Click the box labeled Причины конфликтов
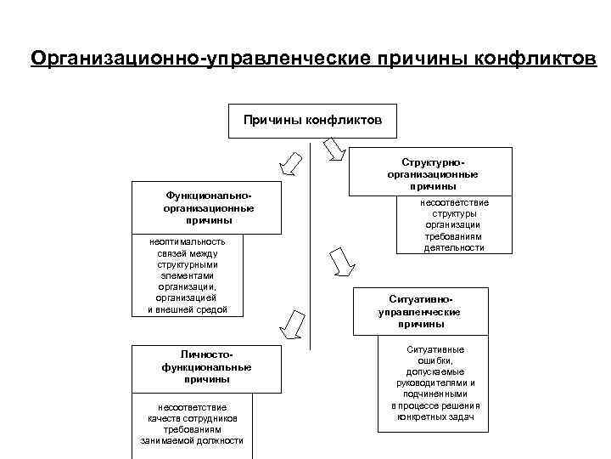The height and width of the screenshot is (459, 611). pyautogui.click(x=312, y=120)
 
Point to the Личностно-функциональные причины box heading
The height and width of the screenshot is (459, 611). pyautogui.click(x=206, y=366)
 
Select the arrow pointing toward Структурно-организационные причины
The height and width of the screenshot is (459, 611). pyautogui.click(x=333, y=149)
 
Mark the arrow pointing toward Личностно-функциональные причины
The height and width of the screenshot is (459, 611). pyautogui.click(x=294, y=322)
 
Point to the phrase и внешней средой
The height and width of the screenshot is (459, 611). pyautogui.click(x=181, y=309)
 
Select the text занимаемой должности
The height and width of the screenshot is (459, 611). pyautogui.click(x=192, y=440)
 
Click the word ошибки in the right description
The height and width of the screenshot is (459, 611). pyautogui.click(x=434, y=360)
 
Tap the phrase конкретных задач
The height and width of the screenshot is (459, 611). pyautogui.click(x=434, y=416)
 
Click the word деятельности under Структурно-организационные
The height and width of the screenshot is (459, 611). pyautogui.click(x=454, y=247)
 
